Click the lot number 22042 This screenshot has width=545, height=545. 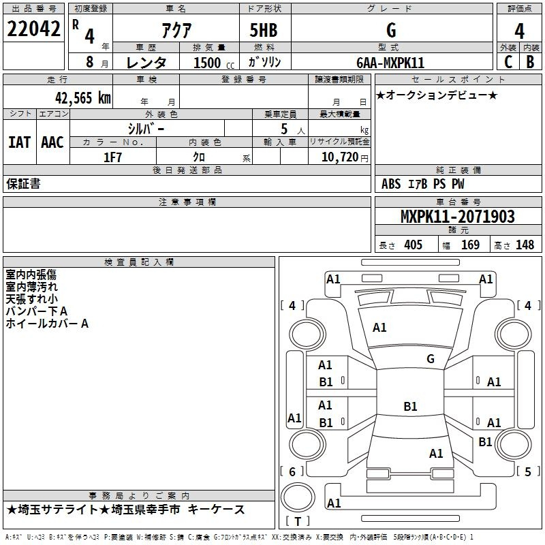[x=33, y=29]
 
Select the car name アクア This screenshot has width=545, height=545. [x=176, y=30]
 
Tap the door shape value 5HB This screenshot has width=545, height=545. [x=264, y=30]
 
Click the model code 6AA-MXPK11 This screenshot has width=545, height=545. [x=390, y=63]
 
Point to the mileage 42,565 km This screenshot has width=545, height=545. [x=83, y=98]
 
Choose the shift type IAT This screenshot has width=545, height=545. [x=19, y=142]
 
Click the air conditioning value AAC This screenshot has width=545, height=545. [x=52, y=142]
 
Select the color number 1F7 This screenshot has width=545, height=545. [x=112, y=157]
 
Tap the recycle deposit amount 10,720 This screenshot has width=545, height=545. [x=340, y=157]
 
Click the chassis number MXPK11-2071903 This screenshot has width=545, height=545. [x=457, y=217]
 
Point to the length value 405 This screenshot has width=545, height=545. [x=413, y=245]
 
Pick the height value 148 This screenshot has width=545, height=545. [x=525, y=245]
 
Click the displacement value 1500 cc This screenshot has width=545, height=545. [x=214, y=63]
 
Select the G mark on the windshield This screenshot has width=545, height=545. [x=431, y=359]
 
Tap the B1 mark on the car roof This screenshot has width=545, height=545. [x=410, y=406]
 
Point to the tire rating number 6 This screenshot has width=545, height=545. [x=292, y=471]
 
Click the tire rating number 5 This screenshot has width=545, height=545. [x=527, y=471]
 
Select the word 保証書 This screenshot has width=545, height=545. [x=23, y=184]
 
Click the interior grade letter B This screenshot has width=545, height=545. [x=530, y=62]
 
